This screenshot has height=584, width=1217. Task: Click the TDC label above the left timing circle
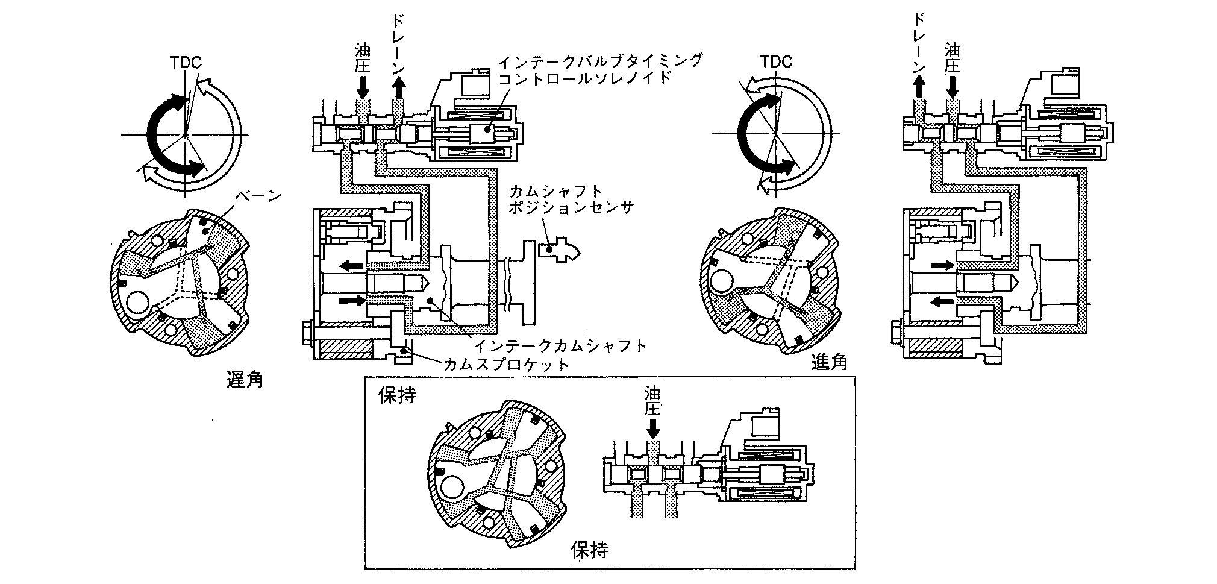(x=186, y=62)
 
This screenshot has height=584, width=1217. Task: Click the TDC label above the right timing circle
(x=776, y=61)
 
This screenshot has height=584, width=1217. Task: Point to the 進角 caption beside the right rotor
(x=830, y=362)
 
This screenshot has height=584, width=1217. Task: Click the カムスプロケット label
(x=506, y=364)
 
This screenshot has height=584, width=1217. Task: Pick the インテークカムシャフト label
(x=560, y=345)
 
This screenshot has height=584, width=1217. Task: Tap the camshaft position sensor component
(x=559, y=249)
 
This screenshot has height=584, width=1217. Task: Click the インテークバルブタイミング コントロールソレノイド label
(x=600, y=69)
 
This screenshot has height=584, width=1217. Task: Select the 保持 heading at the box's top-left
(x=396, y=395)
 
